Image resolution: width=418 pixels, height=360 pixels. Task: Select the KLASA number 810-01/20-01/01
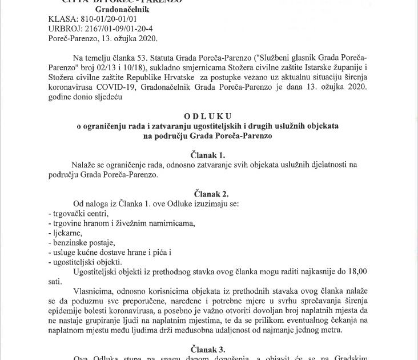pyautogui.click(x=107, y=21)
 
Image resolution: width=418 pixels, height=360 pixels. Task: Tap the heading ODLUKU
pyautogui.click(x=209, y=117)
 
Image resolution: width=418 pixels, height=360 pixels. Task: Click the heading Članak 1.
pyautogui.click(x=209, y=155)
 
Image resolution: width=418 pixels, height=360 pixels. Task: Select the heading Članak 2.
pyautogui.click(x=209, y=194)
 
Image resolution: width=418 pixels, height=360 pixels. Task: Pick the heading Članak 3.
pyautogui.click(x=209, y=348)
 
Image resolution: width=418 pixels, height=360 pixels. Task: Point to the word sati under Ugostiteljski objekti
pyautogui.click(x=55, y=281)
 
